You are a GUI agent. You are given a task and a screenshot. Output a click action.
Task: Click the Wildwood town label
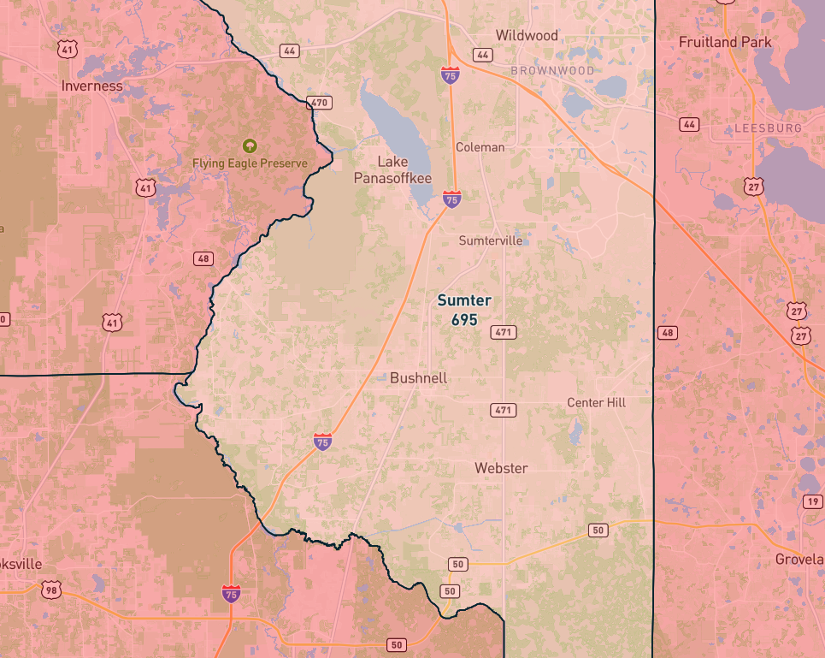(x=527, y=36)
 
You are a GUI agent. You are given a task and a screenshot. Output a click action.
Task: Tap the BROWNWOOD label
(x=551, y=70)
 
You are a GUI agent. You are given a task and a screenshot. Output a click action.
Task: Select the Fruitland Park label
(x=725, y=42)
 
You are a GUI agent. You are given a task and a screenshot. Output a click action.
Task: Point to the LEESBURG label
(x=768, y=128)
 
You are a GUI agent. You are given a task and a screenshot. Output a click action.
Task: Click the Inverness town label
(x=91, y=86)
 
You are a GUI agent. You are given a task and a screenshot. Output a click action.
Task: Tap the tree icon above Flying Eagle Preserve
(x=250, y=145)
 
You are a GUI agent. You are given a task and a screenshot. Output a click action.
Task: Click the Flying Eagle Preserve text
(x=250, y=163)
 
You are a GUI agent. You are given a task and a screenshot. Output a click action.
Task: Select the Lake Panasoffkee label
(x=393, y=169)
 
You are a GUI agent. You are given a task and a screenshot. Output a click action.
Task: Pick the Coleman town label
(x=480, y=147)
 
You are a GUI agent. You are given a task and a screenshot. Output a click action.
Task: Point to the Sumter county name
(x=464, y=300)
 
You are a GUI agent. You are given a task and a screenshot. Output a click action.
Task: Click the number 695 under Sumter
(x=464, y=319)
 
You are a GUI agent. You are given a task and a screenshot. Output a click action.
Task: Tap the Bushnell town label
(x=418, y=378)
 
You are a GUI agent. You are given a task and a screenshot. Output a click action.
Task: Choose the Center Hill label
(x=596, y=402)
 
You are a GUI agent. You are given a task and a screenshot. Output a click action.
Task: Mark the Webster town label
(x=501, y=468)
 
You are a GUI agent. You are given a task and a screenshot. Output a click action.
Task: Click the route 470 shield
(x=319, y=104)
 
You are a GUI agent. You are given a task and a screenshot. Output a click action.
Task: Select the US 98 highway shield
(x=52, y=590)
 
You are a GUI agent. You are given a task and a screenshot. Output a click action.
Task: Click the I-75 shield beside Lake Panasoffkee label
(x=452, y=199)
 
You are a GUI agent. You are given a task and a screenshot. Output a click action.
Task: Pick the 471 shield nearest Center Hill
(x=504, y=411)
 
